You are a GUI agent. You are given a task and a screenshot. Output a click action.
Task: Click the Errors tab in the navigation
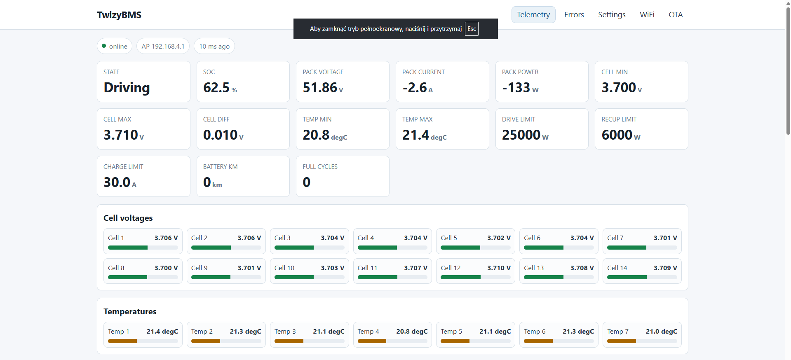574,15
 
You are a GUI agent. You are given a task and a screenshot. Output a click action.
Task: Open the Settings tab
612,15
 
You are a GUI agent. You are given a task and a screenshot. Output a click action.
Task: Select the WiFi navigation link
647,15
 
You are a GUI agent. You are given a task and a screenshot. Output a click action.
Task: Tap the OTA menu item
676,15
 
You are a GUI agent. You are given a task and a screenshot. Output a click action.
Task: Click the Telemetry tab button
533,15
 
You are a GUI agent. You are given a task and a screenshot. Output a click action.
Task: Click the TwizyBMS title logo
119,15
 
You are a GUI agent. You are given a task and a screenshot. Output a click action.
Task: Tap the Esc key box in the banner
472,29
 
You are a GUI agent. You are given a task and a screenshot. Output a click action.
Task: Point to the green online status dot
104,46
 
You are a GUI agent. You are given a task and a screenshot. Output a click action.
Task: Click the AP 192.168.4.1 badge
163,46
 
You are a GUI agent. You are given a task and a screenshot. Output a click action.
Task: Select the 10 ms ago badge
214,46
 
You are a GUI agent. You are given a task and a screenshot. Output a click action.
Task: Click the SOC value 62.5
216,88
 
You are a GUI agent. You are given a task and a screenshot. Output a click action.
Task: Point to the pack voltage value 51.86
320,88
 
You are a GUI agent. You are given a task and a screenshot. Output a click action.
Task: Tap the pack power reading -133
516,88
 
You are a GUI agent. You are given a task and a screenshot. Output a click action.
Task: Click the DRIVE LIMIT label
519,119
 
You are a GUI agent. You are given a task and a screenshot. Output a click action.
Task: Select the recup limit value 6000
617,135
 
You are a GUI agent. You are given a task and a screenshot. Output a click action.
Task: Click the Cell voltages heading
128,218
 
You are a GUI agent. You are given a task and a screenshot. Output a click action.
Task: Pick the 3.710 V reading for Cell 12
499,268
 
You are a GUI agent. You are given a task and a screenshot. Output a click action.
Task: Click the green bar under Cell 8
127,277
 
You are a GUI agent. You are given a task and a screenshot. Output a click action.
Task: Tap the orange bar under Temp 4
372,341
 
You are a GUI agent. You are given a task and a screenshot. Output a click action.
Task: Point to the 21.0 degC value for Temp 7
661,332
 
